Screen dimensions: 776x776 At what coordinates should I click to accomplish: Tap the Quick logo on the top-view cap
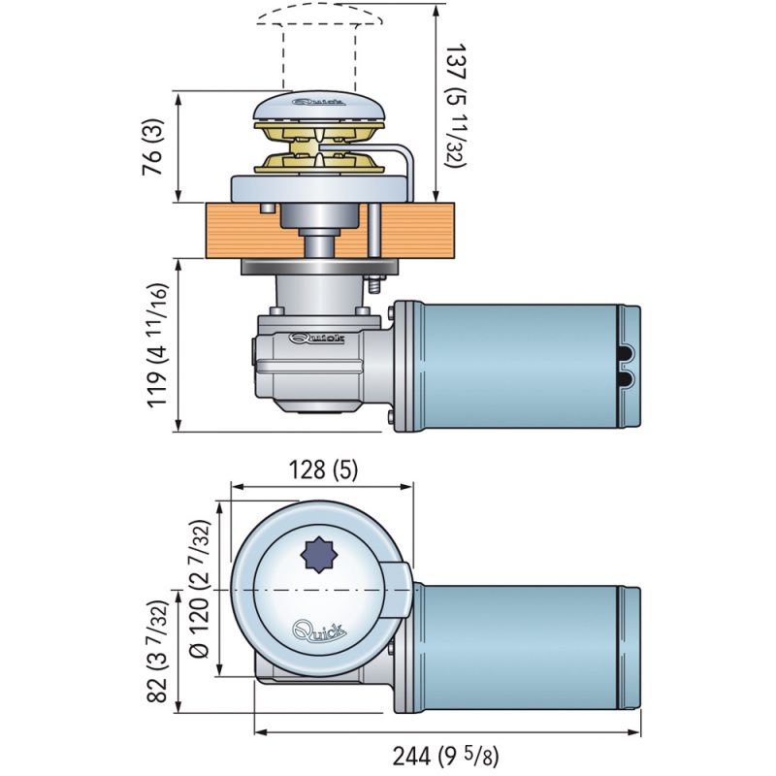318,630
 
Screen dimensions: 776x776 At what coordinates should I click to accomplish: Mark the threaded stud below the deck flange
372,286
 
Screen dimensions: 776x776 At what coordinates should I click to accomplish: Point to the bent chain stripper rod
411,165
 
